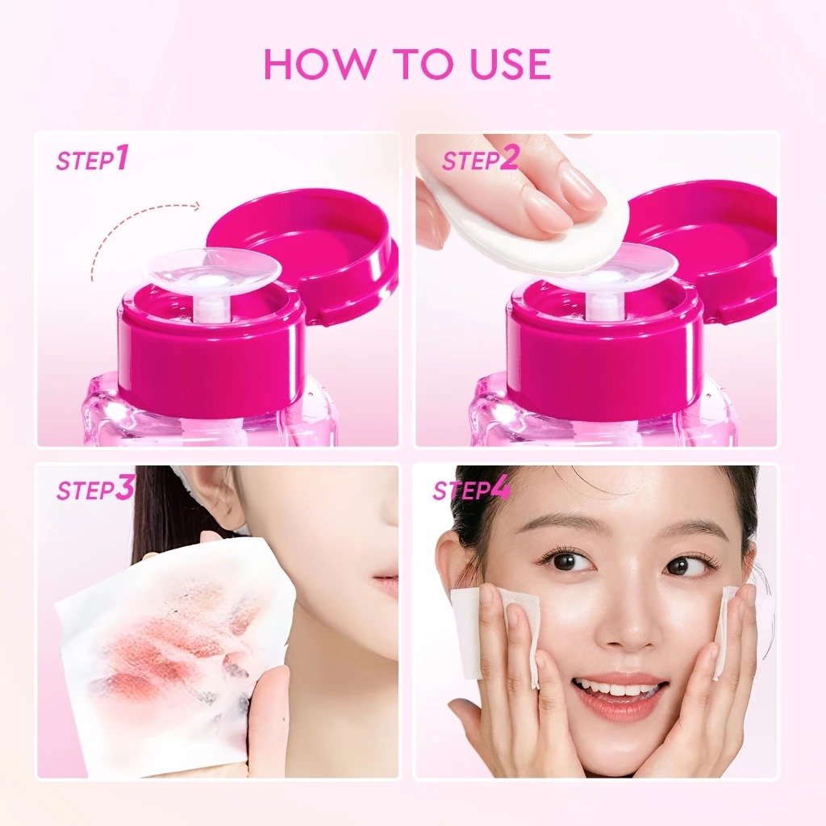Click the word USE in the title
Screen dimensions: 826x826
coord(507,65)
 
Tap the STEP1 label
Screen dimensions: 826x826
coord(92,159)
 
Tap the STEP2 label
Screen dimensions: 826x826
coord(480,159)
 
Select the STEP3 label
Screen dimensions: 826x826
coord(94,490)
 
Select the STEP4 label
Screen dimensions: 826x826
coord(472,490)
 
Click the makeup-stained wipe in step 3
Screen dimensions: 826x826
coord(169,645)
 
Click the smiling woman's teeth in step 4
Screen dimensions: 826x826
coord(617,690)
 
